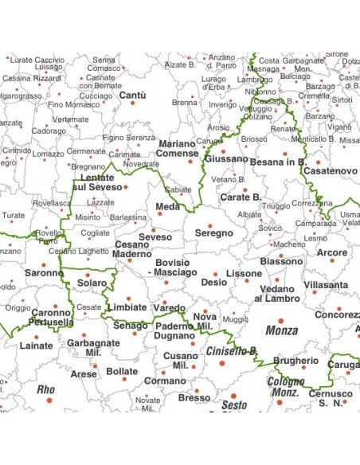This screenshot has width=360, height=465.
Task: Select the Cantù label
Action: pos(132,96)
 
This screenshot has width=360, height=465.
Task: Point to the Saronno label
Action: pos(45,273)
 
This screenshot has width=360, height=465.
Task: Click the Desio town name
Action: pos(213,282)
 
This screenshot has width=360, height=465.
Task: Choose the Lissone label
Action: pos(244,273)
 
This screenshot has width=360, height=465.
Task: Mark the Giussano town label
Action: pos(226,158)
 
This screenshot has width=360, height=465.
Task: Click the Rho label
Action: pos(46,389)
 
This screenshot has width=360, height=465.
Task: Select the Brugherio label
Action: pos(295,361)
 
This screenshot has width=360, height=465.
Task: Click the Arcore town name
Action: pos(332,253)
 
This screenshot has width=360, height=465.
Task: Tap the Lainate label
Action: pos(36,346)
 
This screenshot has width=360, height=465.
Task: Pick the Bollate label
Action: pos(122,371)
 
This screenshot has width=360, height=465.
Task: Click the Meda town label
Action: pos(167,207)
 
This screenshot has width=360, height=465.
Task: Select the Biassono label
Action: pos(281,261)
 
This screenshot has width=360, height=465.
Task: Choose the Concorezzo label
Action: pos(337,315)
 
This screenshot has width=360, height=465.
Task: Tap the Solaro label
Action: pos(92,283)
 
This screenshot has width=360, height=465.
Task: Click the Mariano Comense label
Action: pos(177,148)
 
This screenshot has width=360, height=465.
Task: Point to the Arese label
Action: pos(84,373)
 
